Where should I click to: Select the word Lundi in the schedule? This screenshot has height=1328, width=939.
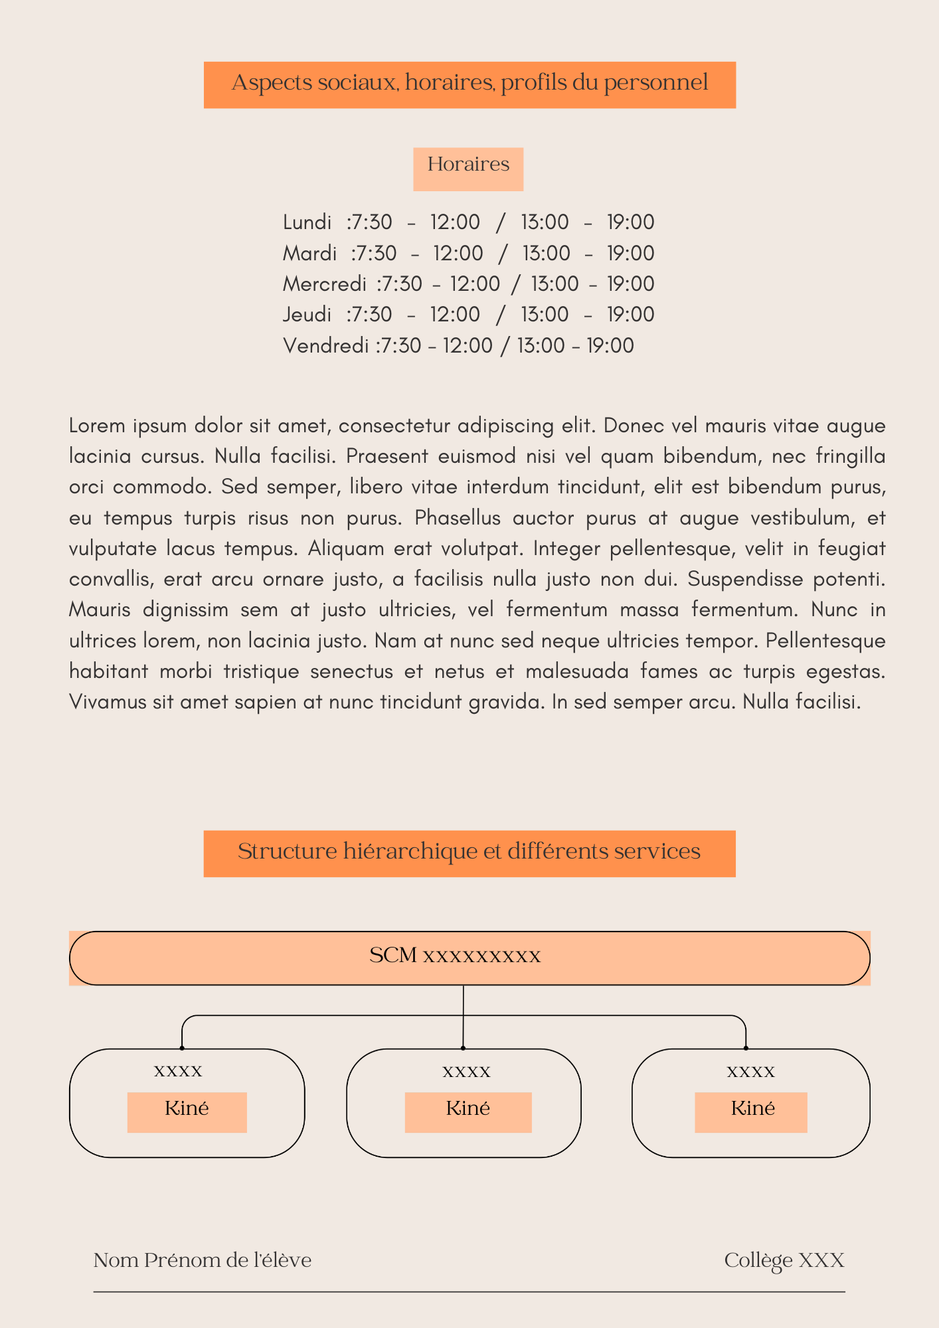(307, 222)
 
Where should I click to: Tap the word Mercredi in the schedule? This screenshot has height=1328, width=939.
(324, 284)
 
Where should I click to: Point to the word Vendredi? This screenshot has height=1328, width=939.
(325, 346)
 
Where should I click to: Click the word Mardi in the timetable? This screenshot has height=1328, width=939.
(309, 254)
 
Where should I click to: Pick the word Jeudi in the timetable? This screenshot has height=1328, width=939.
(307, 315)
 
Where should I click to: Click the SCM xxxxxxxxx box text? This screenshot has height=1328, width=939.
(455, 956)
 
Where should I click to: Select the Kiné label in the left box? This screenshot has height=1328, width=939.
(187, 1108)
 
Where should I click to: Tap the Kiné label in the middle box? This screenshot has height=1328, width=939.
(468, 1108)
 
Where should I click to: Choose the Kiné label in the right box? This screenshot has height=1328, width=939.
(752, 1108)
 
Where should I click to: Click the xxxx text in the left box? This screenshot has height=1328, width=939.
(178, 1070)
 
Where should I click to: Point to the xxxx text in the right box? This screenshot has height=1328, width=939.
(750, 1071)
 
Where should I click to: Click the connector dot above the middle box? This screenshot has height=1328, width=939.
(463, 1048)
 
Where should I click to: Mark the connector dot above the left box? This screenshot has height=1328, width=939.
(182, 1048)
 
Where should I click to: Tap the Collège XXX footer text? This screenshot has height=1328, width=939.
(784, 1260)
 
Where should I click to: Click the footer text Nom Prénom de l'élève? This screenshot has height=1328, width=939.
(202, 1260)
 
